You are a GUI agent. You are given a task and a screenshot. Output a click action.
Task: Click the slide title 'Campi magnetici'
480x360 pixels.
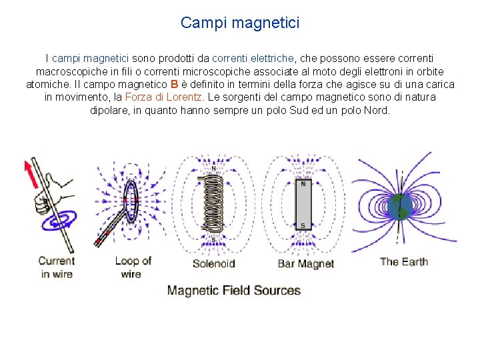pos(240,23)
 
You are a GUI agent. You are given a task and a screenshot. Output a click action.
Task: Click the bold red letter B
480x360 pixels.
pos(174,85)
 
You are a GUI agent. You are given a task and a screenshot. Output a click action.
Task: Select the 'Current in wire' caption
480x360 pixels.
pos(57,267)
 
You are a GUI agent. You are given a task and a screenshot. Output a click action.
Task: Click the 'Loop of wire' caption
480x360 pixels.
pos(133,267)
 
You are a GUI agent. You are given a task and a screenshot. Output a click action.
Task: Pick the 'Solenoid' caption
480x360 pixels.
pos(213,263)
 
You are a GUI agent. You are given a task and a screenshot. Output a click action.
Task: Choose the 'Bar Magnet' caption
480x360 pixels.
pos(305,263)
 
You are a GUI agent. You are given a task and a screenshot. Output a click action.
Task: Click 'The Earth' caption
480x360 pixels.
pos(403,261)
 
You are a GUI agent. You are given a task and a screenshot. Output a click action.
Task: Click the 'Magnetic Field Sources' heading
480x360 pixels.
pos(234,291)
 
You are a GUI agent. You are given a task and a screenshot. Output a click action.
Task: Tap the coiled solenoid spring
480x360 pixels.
pos(213,203)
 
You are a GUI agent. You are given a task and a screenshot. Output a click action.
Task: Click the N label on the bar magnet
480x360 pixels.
pos(303,183)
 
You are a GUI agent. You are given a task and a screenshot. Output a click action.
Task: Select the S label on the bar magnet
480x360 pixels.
pos(303,225)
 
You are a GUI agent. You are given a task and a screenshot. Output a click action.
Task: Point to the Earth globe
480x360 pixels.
pos(402,207)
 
